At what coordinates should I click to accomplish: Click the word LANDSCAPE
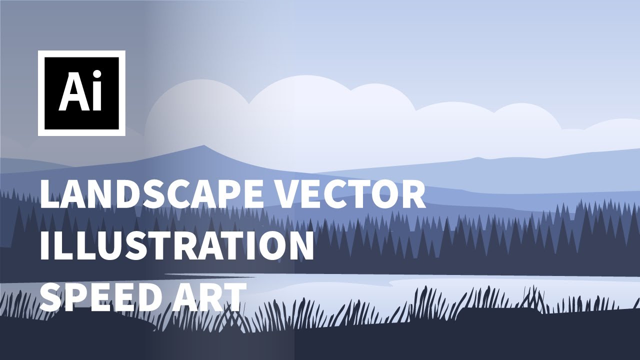152,195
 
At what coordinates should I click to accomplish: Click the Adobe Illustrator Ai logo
81,93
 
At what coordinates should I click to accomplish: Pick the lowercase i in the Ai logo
97,92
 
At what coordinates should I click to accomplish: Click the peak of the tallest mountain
203,146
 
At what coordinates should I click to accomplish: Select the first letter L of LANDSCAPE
50,195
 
